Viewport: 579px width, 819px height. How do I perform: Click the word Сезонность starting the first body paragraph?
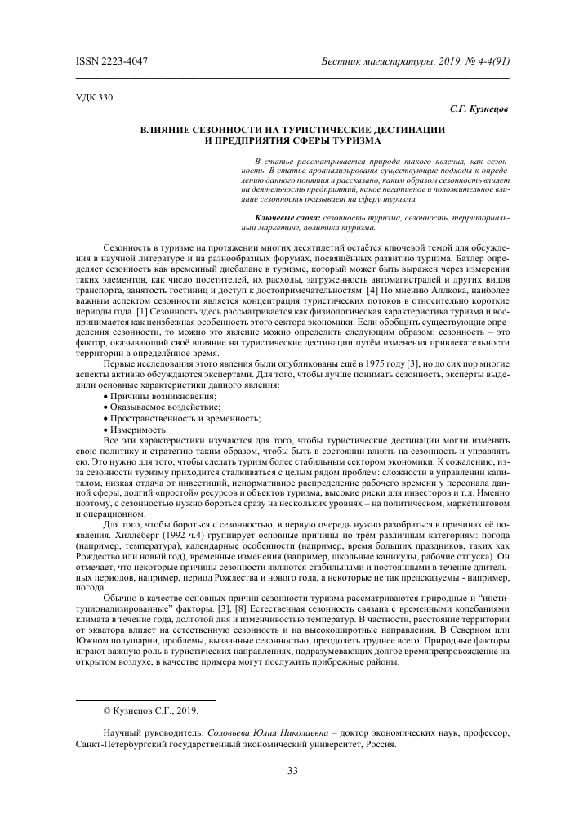pyautogui.click(x=128, y=246)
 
